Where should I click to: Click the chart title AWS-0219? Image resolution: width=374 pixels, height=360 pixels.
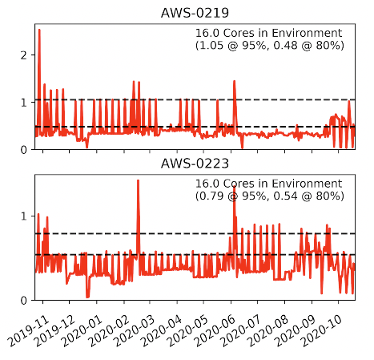pos(195,14)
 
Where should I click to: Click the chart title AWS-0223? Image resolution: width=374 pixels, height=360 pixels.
pos(195,164)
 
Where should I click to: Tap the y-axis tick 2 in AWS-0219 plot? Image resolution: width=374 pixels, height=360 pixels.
pos(25,55)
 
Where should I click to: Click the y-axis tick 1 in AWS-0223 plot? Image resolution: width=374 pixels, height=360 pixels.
pos(25,216)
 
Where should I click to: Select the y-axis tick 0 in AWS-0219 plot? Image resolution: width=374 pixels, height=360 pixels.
pos(25,150)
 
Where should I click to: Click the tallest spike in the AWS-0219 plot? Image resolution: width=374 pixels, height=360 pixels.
pos(39,30)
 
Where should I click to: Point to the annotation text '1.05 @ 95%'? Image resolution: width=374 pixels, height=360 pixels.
pos(233,46)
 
